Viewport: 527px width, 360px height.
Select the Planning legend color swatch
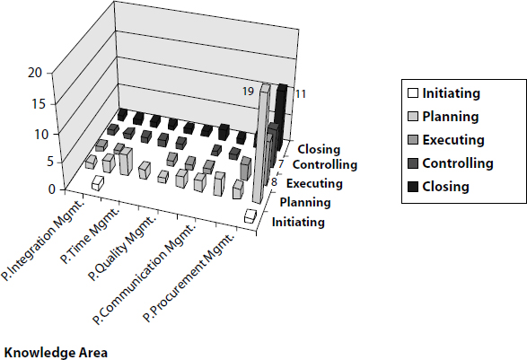(x=414, y=117)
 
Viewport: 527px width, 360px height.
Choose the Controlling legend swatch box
(x=414, y=163)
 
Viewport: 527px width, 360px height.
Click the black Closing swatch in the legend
(x=414, y=187)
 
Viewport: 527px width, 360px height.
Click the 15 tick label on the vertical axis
(x=34, y=103)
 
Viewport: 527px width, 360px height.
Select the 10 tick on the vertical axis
(x=34, y=134)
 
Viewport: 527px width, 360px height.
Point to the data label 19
(x=247, y=92)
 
